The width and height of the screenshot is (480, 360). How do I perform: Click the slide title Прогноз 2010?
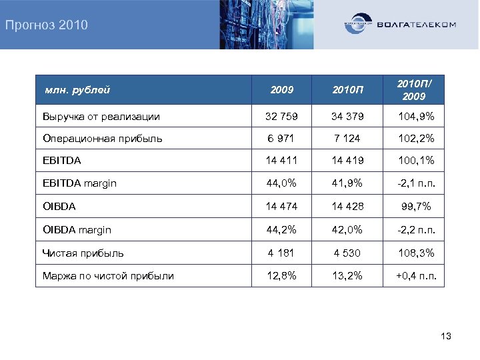(46, 26)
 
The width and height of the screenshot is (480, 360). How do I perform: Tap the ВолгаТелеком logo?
(400, 25)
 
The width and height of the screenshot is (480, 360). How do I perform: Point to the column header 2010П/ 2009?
(414, 89)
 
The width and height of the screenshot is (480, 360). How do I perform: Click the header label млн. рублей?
(77, 89)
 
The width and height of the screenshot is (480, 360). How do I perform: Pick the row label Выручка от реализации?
(101, 117)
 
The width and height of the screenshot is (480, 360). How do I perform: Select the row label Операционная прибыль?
(102, 139)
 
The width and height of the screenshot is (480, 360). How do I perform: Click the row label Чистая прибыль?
(83, 253)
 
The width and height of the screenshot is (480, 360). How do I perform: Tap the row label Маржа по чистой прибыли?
(108, 275)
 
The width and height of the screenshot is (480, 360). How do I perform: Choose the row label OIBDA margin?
(77, 230)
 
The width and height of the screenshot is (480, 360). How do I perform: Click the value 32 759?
(281, 117)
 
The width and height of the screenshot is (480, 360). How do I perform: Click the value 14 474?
(281, 207)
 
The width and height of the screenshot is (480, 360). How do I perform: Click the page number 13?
(446, 336)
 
